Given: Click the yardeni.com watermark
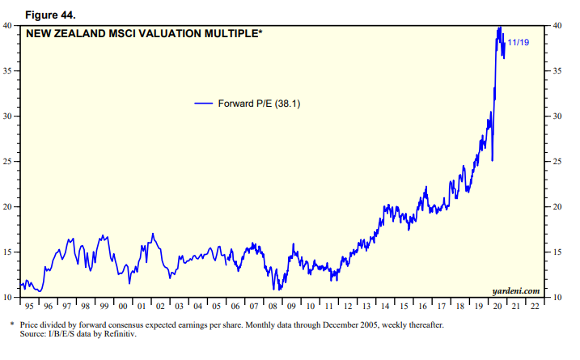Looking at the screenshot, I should point(514,290).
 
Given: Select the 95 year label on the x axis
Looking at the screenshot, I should point(28,307).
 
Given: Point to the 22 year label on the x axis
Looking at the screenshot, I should point(535,307).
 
